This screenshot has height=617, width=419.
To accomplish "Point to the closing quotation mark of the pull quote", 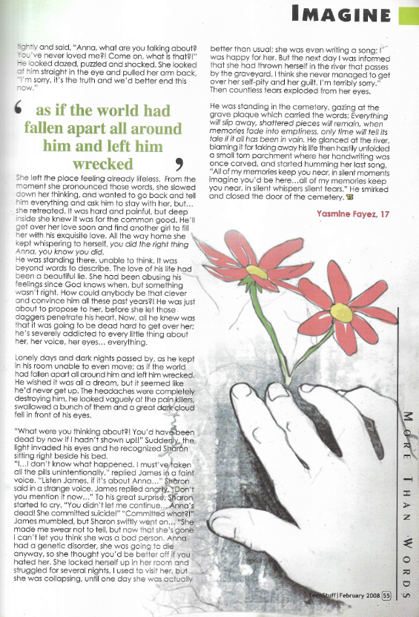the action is (179, 161).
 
